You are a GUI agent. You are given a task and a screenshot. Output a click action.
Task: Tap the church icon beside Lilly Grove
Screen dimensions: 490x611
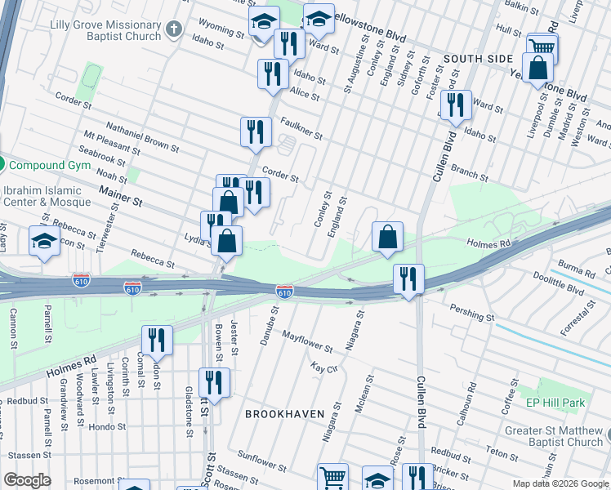(x=173, y=30)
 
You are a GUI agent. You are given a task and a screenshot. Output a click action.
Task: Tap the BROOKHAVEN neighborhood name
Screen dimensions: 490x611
(x=281, y=413)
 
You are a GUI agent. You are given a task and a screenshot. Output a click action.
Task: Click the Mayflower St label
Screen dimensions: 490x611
(x=305, y=337)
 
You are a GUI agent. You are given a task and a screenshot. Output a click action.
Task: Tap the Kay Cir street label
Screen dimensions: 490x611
(x=324, y=368)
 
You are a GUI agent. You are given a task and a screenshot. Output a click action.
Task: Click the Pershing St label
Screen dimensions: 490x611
(x=472, y=312)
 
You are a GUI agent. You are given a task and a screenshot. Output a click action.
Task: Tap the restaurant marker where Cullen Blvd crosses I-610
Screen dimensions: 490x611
(x=408, y=279)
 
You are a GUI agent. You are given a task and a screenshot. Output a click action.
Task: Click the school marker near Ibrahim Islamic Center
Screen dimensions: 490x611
(x=44, y=242)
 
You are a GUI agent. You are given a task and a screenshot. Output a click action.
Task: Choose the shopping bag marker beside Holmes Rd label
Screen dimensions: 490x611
(x=388, y=237)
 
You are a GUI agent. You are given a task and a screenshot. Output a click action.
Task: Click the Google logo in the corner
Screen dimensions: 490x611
(x=27, y=480)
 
